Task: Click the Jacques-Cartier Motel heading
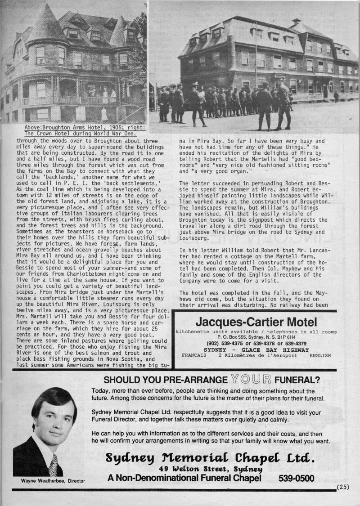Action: point(256,322)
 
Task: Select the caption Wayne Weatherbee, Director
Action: point(53,481)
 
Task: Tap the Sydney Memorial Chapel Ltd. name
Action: point(210,457)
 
